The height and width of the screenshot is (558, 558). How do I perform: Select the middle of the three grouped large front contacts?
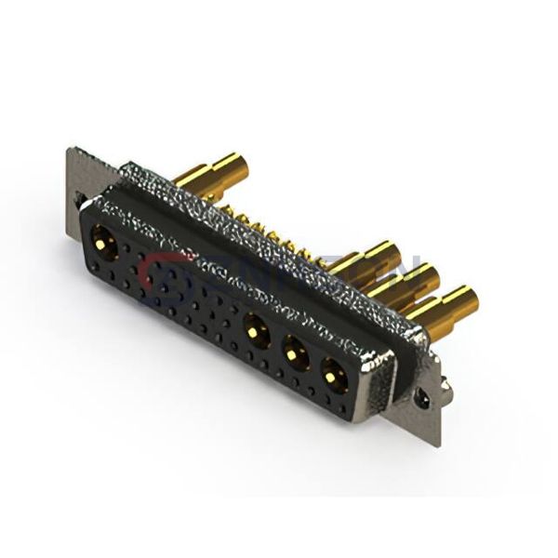tap(293, 352)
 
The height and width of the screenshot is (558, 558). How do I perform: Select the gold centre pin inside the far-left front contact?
tap(100, 245)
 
